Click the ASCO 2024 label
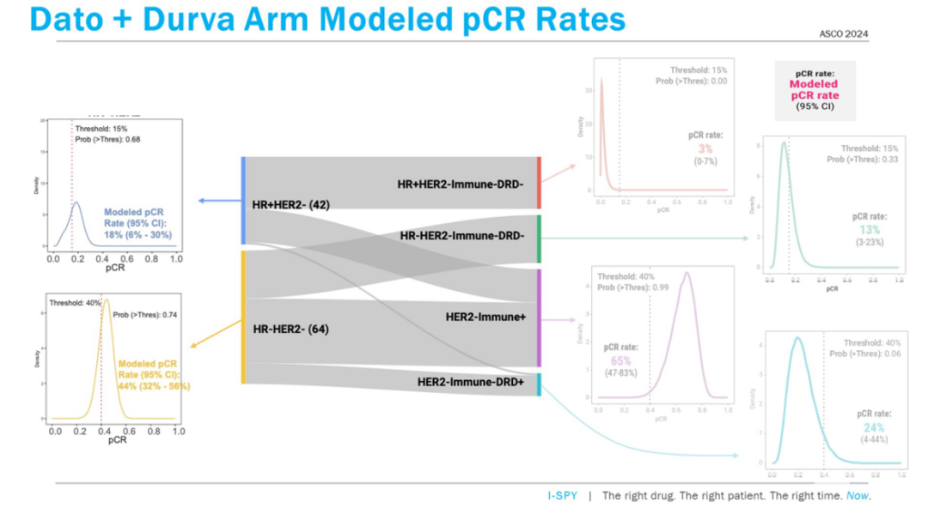[845, 33]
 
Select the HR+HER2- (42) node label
[291, 204]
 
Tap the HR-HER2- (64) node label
[290, 329]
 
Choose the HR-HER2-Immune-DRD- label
[462, 234]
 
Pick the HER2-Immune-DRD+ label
[470, 381]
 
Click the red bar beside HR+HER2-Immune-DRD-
[538, 182]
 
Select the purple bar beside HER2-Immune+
[538, 318]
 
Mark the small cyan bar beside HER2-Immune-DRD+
[538, 384]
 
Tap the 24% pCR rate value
[870, 427]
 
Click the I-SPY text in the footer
[563, 496]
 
